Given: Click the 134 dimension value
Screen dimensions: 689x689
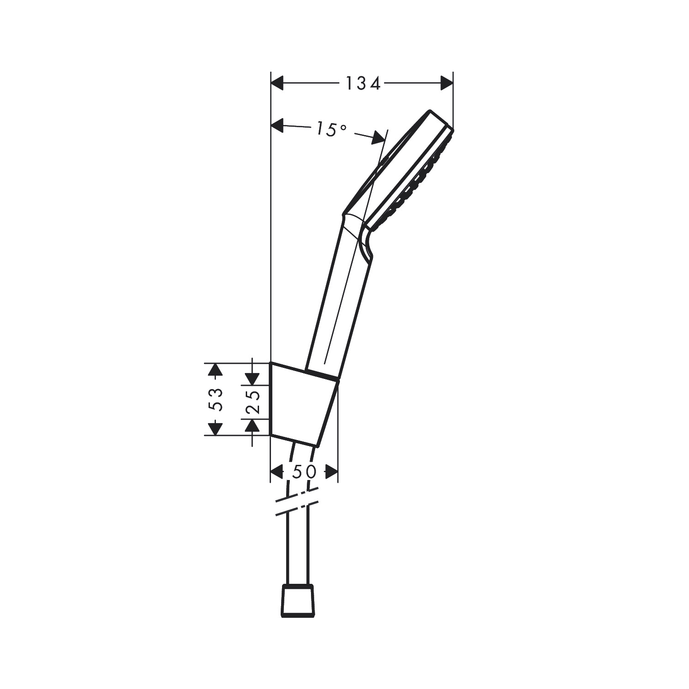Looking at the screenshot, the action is point(363,84).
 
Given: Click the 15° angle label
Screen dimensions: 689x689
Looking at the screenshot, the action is point(331,130).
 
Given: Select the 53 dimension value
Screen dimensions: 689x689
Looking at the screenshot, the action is point(215,399).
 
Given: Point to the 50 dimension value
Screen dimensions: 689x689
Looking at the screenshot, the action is point(304,471).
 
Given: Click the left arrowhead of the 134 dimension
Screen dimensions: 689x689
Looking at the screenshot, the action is point(278,84).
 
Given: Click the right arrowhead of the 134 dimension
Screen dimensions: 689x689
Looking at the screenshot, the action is point(446,83).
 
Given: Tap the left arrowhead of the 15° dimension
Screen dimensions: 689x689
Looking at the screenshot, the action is point(278,125).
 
